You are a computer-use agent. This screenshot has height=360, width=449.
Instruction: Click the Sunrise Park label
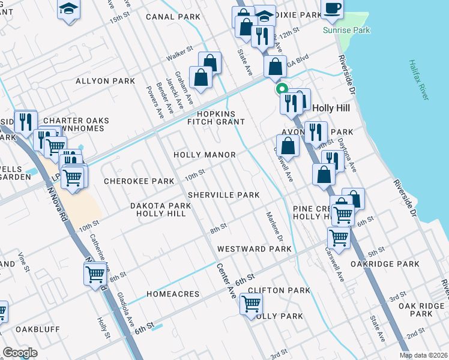[x=346, y=30]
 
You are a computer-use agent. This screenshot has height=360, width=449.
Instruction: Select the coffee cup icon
[x=332, y=8]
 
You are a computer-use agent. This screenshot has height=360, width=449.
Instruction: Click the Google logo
[x=20, y=353]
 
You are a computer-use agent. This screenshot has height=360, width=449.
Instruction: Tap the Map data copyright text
[x=423, y=355]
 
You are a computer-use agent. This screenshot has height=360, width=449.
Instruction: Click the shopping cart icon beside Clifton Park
[x=251, y=304]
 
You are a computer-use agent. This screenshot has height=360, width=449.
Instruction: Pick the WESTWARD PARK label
[x=254, y=248]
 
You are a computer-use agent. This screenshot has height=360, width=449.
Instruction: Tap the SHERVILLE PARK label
[x=223, y=195]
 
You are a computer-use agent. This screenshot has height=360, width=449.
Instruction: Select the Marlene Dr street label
[x=271, y=223]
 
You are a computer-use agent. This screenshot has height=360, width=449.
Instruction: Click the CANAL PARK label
[x=173, y=17]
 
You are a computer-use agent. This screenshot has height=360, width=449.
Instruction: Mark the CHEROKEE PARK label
[x=138, y=181]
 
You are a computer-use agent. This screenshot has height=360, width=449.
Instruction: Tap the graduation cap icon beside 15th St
[x=68, y=10]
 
